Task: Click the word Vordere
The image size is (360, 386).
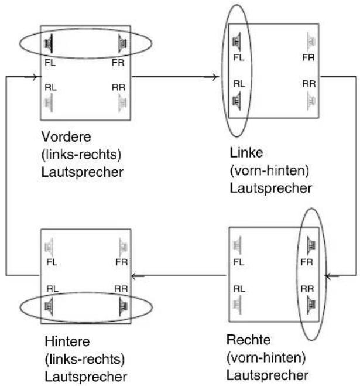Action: click(66, 136)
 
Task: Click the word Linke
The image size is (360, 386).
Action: click(246, 153)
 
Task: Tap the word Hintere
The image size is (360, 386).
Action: click(67, 341)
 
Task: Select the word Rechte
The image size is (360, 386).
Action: click(249, 340)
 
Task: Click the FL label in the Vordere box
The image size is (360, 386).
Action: click(50, 63)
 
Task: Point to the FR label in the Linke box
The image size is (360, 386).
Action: click(308, 57)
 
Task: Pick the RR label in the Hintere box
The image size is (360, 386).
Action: click(121, 289)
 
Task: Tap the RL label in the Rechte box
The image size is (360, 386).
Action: click(239, 289)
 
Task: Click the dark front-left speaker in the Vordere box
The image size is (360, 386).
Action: click(49, 43)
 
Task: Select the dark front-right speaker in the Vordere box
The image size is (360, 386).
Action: click(122, 43)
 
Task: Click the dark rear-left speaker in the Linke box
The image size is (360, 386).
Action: click(236, 101)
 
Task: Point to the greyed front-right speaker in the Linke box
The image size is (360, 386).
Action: click(311, 42)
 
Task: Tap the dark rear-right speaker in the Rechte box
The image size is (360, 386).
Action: click(311, 305)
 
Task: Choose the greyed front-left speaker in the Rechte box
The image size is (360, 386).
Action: click(237, 245)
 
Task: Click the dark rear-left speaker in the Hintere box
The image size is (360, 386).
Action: click(49, 306)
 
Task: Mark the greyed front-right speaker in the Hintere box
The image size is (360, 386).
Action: click(123, 247)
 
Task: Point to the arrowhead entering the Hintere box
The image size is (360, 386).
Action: click(135, 276)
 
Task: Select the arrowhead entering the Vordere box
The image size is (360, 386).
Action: click(35, 77)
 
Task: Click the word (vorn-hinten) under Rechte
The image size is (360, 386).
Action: click(266, 358)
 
